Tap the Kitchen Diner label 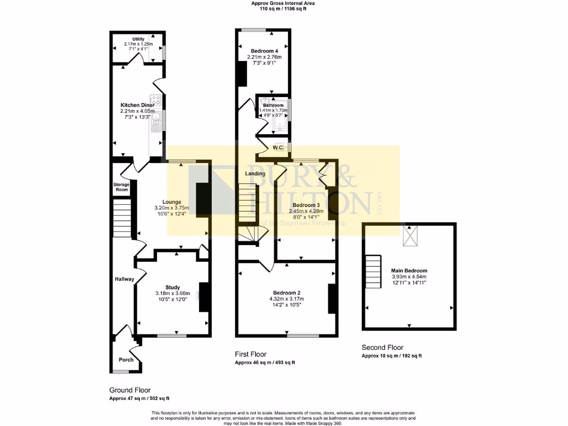point(138,105)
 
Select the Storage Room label point(121,187)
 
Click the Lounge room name point(172,202)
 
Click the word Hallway point(125,279)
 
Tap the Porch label point(126,360)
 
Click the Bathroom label point(273,105)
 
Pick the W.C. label point(278,148)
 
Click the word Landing point(255,174)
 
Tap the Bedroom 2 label point(286,293)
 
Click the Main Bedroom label point(409,271)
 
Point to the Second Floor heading point(383,347)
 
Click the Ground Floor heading point(130,390)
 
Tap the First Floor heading point(251,354)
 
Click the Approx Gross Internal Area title point(284,3)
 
